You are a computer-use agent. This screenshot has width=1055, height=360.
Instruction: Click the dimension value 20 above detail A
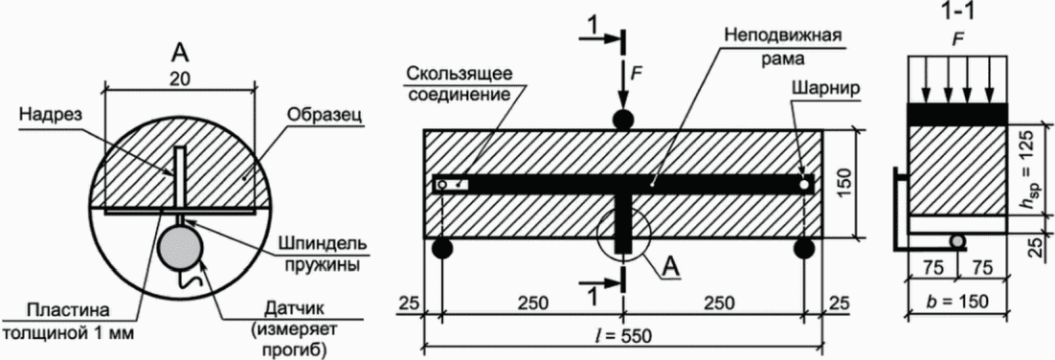point(181,78)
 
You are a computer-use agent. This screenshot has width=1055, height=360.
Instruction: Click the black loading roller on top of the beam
point(623,119)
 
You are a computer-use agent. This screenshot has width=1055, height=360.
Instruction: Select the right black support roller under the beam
point(804,250)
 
